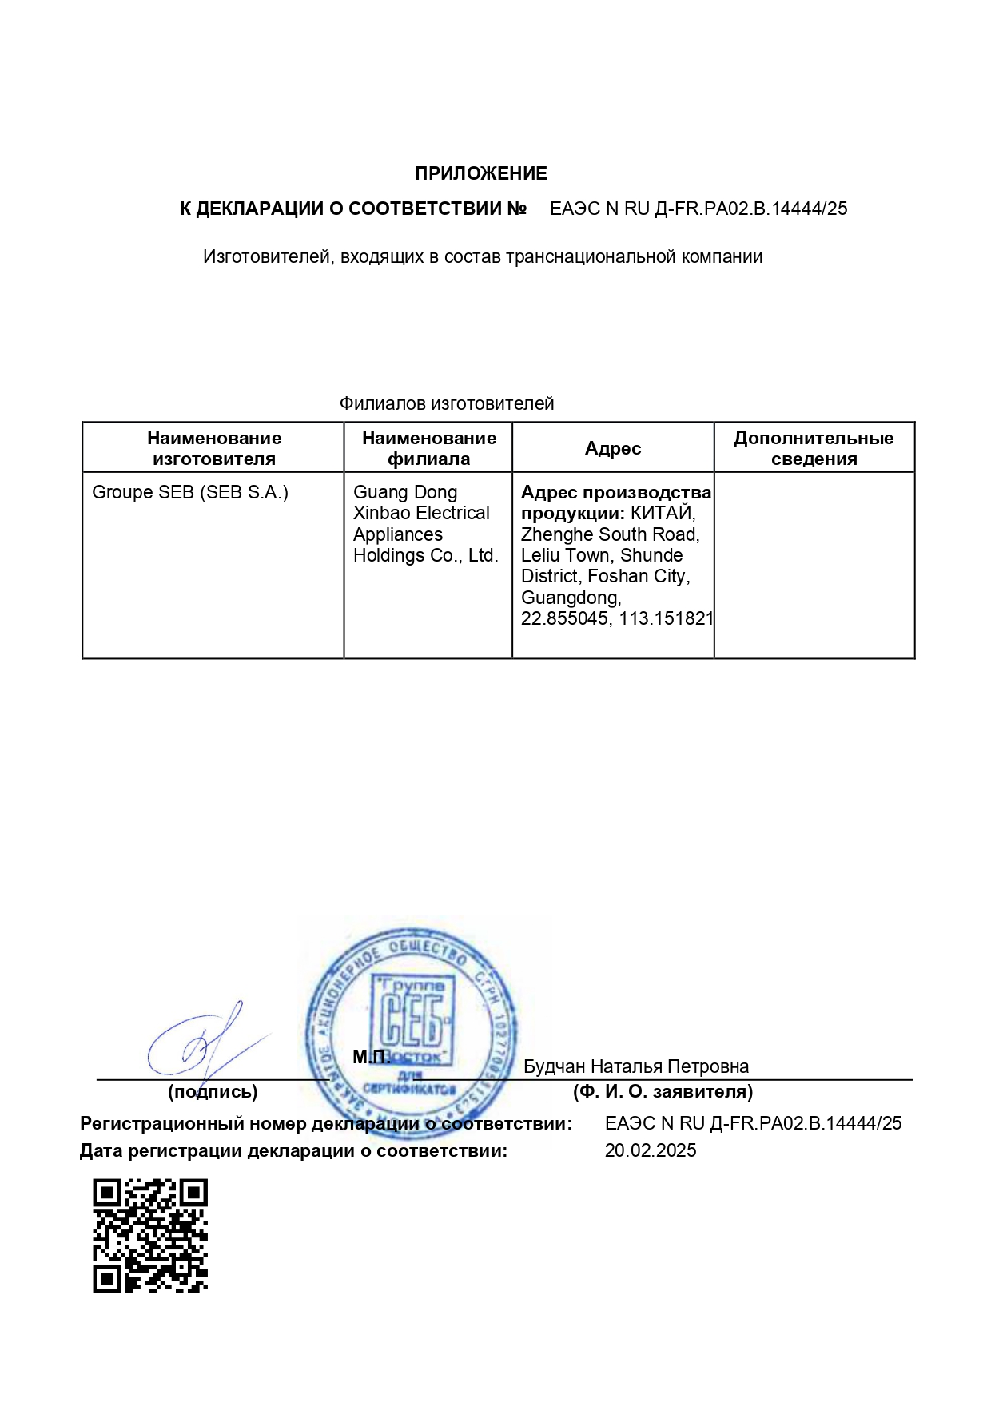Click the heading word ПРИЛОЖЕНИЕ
tap(480, 173)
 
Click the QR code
tap(150, 1236)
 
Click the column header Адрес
tap(612, 448)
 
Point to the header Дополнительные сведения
tap(814, 448)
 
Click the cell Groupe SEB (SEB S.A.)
tap(190, 492)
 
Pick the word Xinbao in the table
tap(380, 513)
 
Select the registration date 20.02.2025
tap(651, 1150)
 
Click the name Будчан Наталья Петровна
tap(636, 1066)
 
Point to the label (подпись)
tap(213, 1091)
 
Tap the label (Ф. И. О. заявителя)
tap(663, 1091)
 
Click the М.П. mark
tap(372, 1057)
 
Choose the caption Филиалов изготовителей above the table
tap(447, 403)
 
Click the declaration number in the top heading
tap(698, 209)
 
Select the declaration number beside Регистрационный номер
tap(753, 1123)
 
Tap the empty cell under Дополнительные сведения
tap(814, 565)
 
